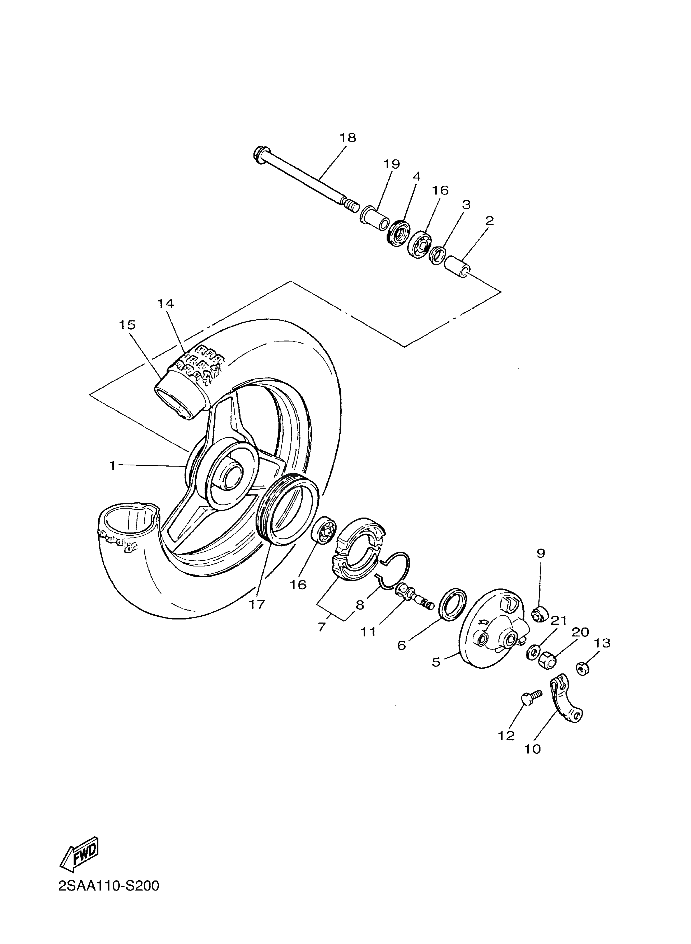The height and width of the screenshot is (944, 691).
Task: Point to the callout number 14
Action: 166,304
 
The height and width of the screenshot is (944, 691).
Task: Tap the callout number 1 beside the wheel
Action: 112,465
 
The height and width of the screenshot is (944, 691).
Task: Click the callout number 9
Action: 541,554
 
